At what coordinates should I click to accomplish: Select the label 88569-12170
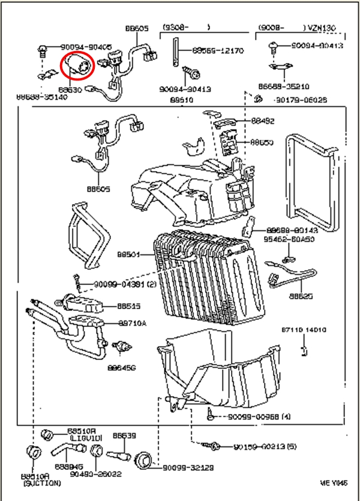tap(218, 50)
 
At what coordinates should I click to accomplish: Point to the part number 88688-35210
tap(284, 86)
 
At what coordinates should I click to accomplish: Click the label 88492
tap(263, 121)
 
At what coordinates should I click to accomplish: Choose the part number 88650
tap(262, 142)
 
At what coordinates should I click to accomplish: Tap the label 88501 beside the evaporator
tap(128, 254)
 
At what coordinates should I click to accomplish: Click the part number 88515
tap(129, 305)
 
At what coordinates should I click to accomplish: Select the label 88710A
tap(133, 323)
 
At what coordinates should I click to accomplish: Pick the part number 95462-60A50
tap(289, 238)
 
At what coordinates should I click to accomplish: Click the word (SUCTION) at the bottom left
tap(40, 482)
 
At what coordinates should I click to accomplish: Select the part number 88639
tap(124, 435)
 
